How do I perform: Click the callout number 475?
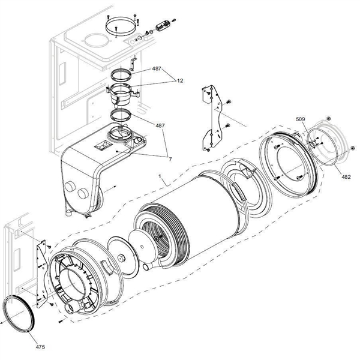[40, 347]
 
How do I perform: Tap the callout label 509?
[301, 119]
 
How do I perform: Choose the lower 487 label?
[161, 125]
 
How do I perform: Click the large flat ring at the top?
[119, 26]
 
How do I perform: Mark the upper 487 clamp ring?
[122, 75]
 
